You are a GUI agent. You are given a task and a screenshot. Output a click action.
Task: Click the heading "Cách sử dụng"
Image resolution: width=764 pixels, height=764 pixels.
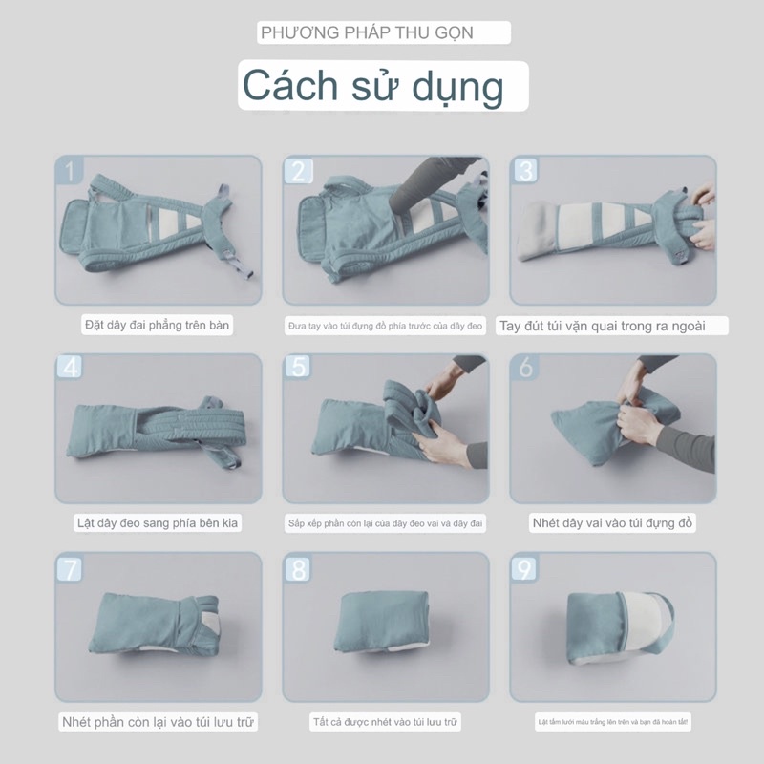(372, 86)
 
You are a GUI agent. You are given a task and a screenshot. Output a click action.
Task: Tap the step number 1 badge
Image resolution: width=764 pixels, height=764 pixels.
(70, 171)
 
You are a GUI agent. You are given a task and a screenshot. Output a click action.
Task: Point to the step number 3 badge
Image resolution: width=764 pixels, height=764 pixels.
(525, 171)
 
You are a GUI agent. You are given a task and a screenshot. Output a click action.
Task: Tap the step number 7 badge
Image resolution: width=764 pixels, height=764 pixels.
(70, 569)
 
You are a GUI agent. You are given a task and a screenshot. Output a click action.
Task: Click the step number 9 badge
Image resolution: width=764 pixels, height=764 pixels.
(525, 569)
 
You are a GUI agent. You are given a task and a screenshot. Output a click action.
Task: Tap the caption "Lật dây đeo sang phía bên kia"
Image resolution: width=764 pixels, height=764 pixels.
(158, 523)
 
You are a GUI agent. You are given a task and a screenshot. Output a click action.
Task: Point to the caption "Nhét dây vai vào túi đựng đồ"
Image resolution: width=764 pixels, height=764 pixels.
(613, 523)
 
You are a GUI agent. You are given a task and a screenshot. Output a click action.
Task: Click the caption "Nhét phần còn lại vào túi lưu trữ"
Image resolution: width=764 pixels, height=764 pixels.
(158, 721)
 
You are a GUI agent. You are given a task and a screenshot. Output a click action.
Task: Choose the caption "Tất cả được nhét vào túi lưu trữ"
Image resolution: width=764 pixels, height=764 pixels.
(386, 721)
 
